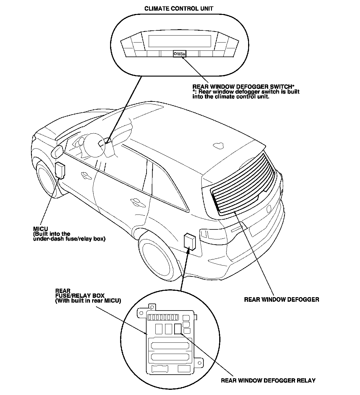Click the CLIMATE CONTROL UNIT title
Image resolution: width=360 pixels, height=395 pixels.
pos(179,9)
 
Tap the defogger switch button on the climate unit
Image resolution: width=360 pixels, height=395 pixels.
pos(179,54)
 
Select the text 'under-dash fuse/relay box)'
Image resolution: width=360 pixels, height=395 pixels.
pos(69,239)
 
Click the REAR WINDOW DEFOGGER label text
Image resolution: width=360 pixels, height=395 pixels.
pos(282,300)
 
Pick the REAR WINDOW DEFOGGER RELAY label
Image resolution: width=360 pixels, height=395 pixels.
pos(268,380)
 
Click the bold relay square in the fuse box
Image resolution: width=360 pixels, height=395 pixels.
pos(178,329)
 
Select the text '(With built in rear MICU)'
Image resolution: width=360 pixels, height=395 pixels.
pos(88,301)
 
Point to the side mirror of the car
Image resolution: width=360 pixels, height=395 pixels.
pos(58,150)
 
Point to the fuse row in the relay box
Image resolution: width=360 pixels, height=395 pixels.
pos(163,318)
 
